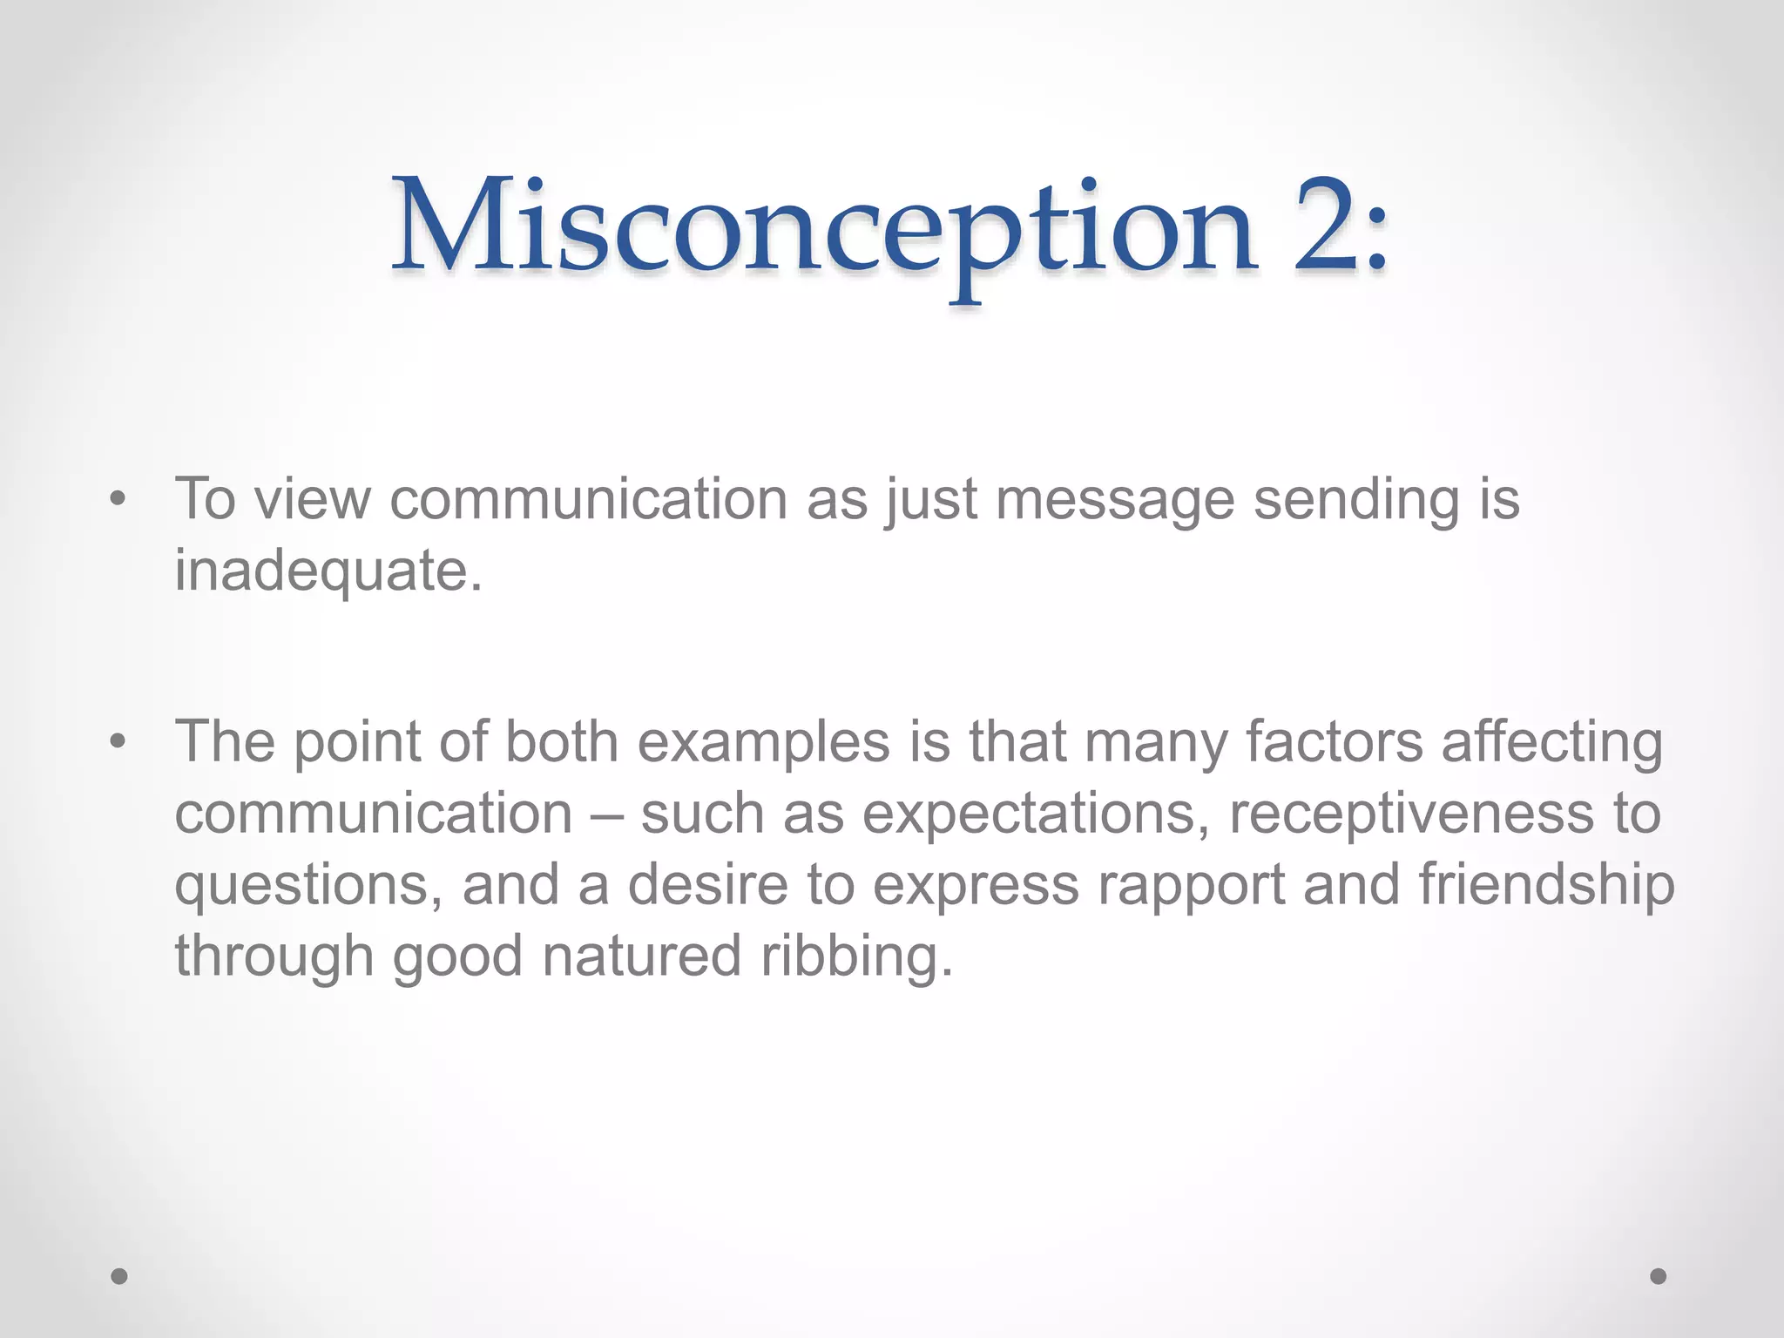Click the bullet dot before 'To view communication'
click(x=118, y=500)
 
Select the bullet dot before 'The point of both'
click(x=118, y=742)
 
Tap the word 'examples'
click(x=764, y=744)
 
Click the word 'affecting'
click(x=1551, y=744)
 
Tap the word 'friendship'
click(x=1546, y=886)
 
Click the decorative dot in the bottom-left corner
click(x=119, y=1276)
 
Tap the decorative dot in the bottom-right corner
click(x=1659, y=1276)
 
